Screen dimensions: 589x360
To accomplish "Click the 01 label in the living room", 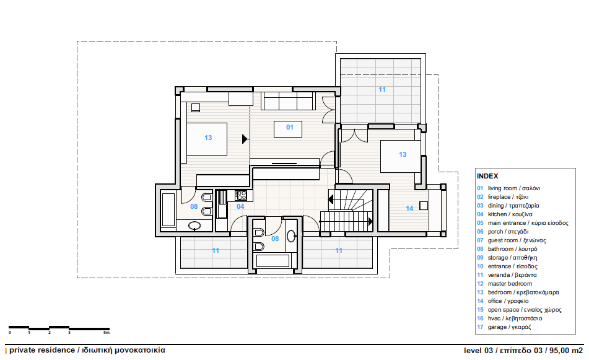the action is pyautogui.click(x=290, y=127).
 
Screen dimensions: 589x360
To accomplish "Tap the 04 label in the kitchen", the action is pyautogui.click(x=240, y=206).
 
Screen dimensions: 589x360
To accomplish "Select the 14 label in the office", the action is pyautogui.click(x=409, y=208).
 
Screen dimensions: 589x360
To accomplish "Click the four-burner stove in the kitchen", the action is pyautogui.click(x=241, y=195).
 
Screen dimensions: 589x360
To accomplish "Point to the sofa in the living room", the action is pyautogui.click(x=288, y=101).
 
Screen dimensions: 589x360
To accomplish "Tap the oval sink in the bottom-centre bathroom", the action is pyautogui.click(x=291, y=236).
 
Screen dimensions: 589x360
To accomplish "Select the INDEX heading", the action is pyautogui.click(x=487, y=176).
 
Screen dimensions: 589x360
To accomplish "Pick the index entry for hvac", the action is pyautogui.click(x=515, y=318).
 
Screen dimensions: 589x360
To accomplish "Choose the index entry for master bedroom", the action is pyautogui.click(x=510, y=284).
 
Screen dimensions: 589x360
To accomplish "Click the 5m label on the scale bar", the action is pyautogui.click(x=107, y=333).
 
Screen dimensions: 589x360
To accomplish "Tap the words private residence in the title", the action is pyautogui.click(x=42, y=350).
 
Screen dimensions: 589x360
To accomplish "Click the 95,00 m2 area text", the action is pyautogui.click(x=566, y=351).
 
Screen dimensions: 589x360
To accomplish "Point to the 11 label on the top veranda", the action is pyautogui.click(x=382, y=89).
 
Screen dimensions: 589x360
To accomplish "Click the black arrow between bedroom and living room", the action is pyautogui.click(x=245, y=139).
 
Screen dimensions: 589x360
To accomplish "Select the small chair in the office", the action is pyautogui.click(x=424, y=206).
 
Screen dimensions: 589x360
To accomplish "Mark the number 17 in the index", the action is pyautogui.click(x=480, y=327).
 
